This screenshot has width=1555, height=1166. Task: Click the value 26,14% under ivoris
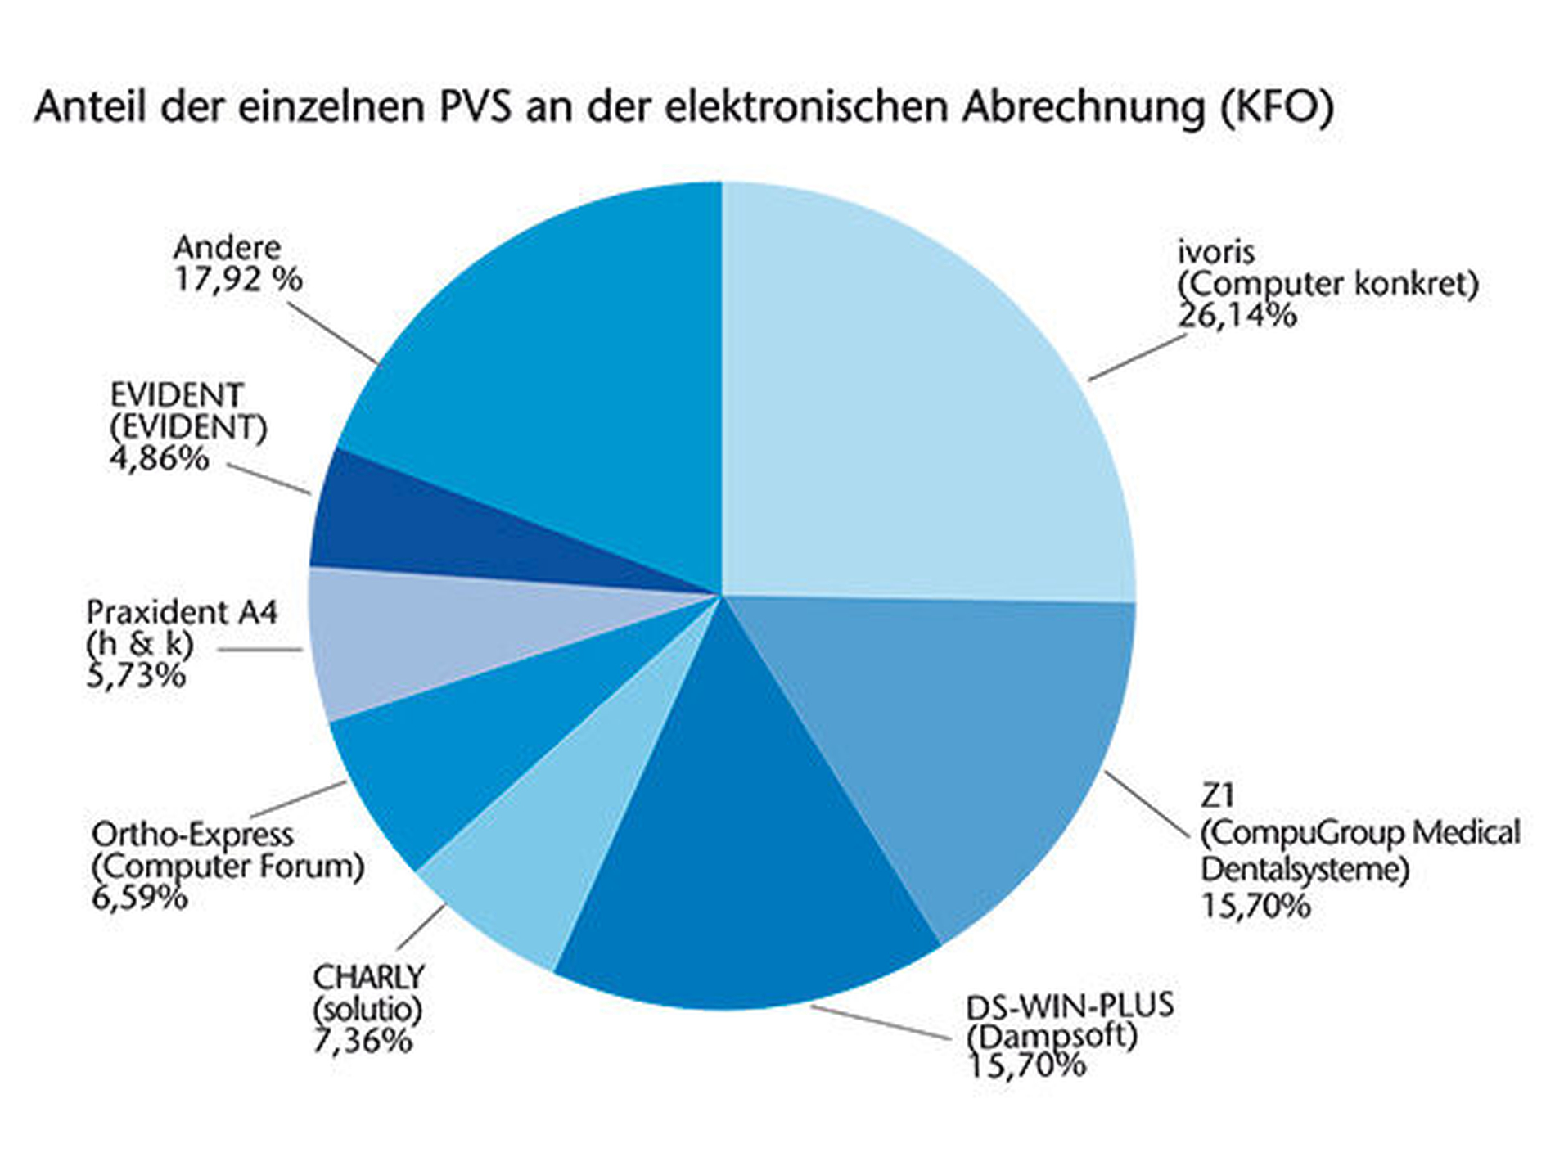(x=1237, y=315)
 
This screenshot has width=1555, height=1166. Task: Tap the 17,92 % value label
(x=238, y=280)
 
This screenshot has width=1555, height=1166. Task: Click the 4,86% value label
(x=159, y=459)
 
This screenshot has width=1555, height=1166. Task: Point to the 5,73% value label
(x=136, y=676)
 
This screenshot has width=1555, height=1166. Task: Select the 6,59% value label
(x=139, y=898)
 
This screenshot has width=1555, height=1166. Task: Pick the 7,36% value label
(x=362, y=1041)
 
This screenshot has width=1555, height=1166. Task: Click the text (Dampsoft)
(x=1052, y=1036)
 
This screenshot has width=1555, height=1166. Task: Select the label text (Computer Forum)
(x=228, y=866)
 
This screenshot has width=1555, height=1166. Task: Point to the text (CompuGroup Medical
(x=1359, y=833)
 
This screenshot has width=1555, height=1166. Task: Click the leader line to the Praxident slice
(x=260, y=650)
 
